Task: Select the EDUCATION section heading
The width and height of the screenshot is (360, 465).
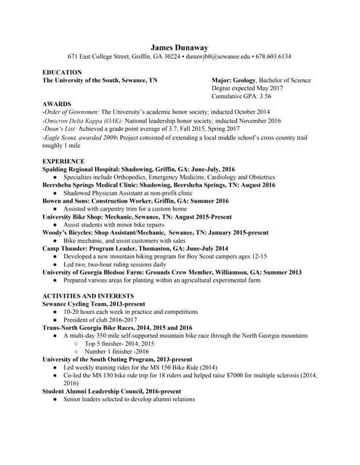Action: [63, 73]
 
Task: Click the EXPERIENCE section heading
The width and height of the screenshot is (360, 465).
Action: [63, 161]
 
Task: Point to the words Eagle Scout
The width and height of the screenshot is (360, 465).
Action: [60, 137]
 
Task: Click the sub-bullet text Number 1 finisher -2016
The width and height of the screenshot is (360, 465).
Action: [116, 351]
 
